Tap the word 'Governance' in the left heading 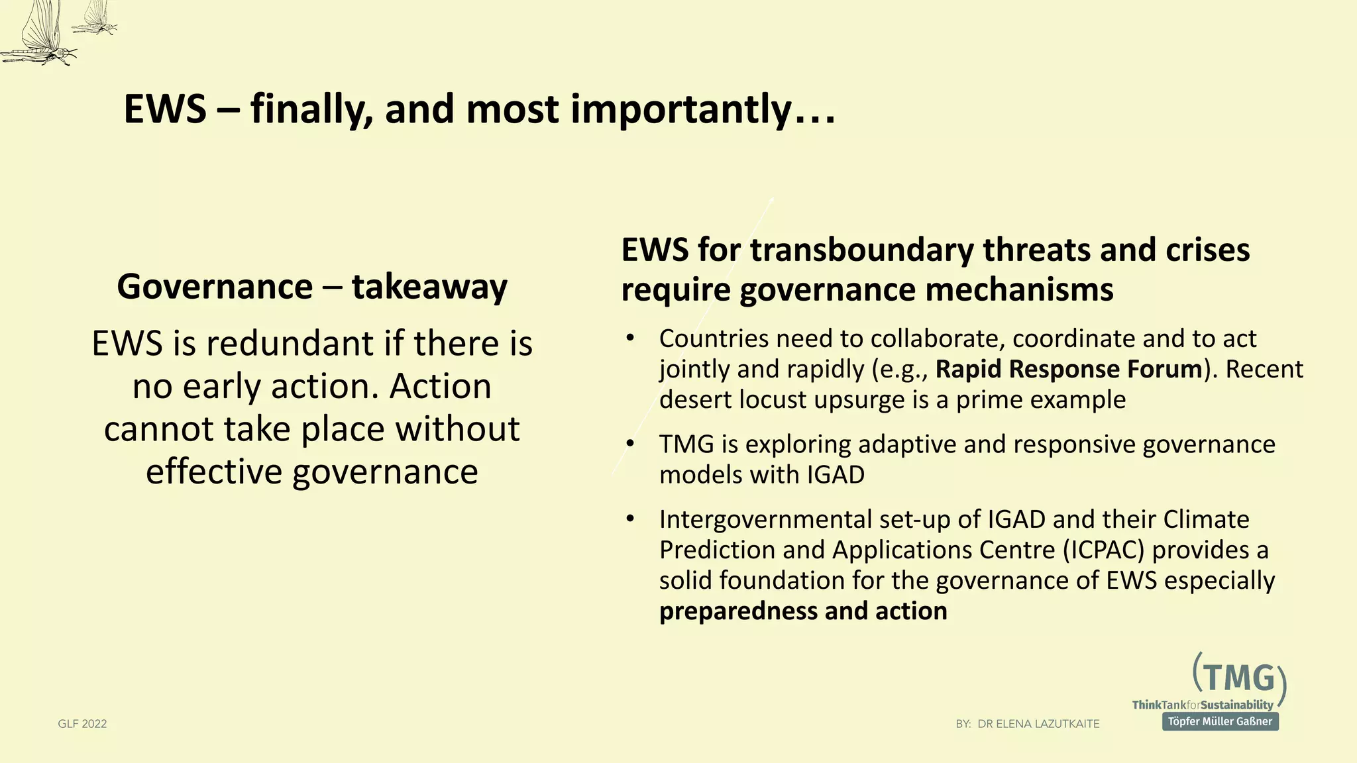tap(215, 287)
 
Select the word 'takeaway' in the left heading tap(429, 287)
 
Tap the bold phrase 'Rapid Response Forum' tap(1068, 369)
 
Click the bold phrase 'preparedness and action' tap(803, 611)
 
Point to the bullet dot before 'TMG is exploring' tap(630, 443)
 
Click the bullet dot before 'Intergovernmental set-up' tap(630, 519)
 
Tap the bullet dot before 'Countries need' tap(630, 338)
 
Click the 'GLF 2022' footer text tap(82, 724)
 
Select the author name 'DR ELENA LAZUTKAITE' tap(1038, 724)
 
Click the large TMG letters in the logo tap(1238, 679)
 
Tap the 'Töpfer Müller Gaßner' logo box tap(1220, 721)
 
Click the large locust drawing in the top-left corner tap(40, 36)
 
